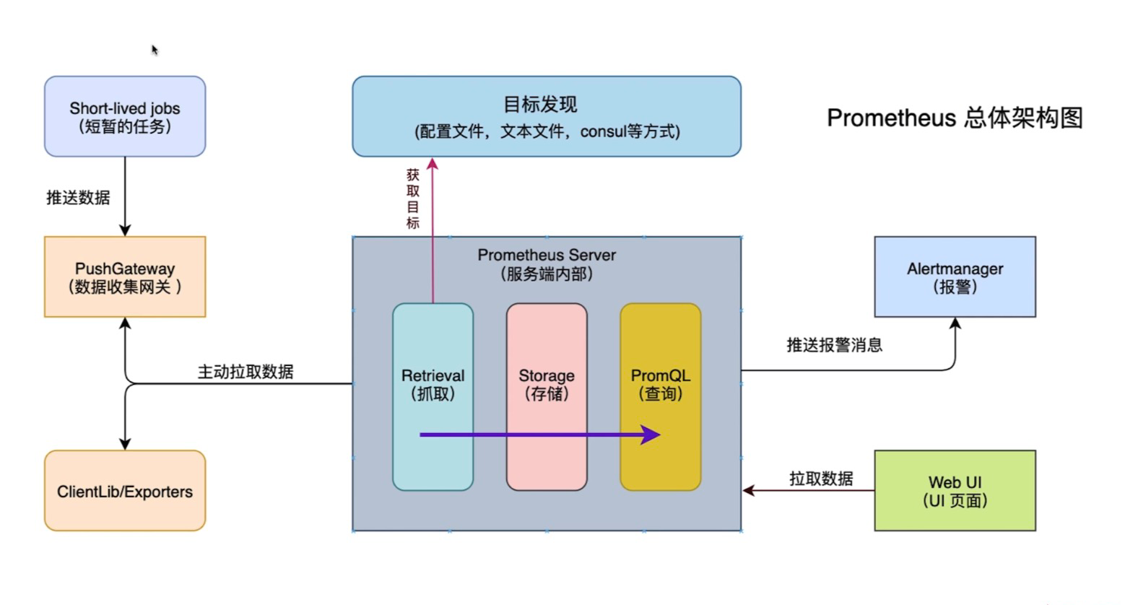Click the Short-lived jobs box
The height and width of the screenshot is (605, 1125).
click(x=125, y=116)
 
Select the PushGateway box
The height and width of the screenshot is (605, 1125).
click(x=125, y=277)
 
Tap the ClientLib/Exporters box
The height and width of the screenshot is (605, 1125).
click(x=125, y=491)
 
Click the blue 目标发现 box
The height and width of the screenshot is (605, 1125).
click(x=547, y=116)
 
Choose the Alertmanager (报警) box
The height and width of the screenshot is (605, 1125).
click(x=955, y=277)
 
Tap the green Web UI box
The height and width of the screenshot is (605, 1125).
click(x=955, y=491)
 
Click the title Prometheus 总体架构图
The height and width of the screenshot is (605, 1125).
click(x=955, y=118)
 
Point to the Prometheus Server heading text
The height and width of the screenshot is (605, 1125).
click(x=547, y=256)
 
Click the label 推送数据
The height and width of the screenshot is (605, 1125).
click(x=78, y=197)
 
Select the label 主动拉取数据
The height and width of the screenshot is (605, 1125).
click(x=246, y=372)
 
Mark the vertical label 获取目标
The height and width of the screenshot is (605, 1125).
click(x=413, y=199)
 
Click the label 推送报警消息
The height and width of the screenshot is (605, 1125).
click(x=834, y=345)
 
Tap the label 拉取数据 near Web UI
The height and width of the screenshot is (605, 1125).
click(x=821, y=479)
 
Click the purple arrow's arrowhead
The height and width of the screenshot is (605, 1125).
click(x=651, y=435)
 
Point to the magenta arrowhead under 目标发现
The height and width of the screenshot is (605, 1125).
click(x=433, y=164)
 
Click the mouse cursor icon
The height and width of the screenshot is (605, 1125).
click(x=155, y=50)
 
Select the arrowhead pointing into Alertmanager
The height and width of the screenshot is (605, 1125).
click(x=955, y=323)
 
